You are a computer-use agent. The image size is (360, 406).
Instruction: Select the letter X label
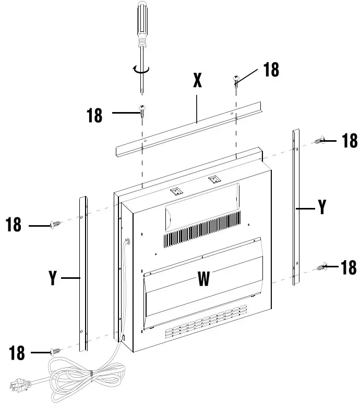point(197,80)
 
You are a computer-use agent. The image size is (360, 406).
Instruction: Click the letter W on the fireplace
point(204,280)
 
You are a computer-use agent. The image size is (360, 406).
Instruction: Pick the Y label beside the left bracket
point(52,278)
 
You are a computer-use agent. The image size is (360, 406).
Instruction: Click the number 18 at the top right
point(271,70)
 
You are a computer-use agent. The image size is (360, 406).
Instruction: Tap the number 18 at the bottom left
point(17,353)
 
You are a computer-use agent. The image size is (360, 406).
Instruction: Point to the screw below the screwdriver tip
point(142,111)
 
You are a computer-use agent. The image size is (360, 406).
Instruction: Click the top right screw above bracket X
point(236,81)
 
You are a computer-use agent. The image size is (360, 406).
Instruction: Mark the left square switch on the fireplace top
point(178,191)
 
